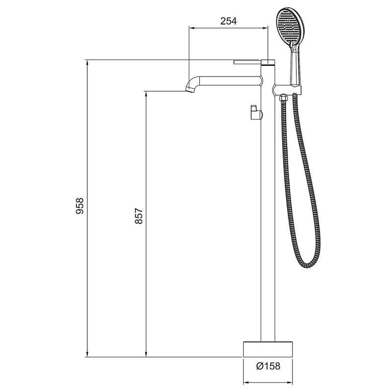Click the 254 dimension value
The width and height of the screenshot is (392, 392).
pos(228,21)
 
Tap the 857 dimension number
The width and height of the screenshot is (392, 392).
pos(139,216)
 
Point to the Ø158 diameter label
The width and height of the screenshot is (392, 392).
pos(268,366)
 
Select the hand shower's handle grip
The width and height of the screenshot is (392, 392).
pos(296,69)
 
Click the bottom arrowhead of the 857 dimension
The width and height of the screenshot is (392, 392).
pos(146,354)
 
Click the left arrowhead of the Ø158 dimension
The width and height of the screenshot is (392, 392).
pos(246,382)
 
